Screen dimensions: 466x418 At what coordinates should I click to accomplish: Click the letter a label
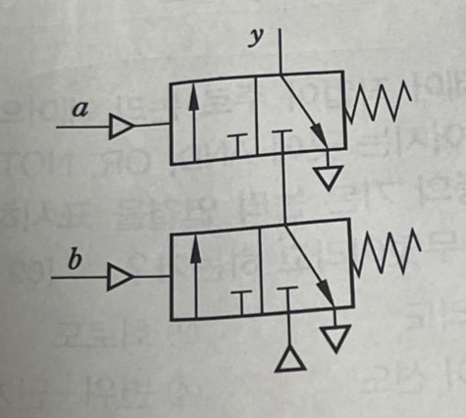(80, 109)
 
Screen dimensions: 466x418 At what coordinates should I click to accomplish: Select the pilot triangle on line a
(122, 127)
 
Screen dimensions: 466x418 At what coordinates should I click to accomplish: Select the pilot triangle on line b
(121, 278)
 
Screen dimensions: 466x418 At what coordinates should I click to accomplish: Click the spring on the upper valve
(378, 101)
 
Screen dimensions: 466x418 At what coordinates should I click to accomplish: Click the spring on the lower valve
(386, 252)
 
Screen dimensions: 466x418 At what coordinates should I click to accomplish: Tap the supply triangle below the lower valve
(290, 360)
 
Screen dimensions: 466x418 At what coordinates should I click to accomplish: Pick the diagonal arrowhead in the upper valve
(320, 134)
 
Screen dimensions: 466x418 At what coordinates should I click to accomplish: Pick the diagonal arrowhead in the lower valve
(327, 292)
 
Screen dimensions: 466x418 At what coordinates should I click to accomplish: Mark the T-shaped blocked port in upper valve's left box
(238, 145)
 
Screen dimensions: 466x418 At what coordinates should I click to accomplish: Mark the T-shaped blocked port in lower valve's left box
(241, 303)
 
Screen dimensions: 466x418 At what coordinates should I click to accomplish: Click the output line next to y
(281, 51)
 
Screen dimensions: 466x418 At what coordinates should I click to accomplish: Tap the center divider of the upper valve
(257, 116)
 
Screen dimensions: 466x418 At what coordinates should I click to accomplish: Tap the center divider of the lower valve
(261, 271)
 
